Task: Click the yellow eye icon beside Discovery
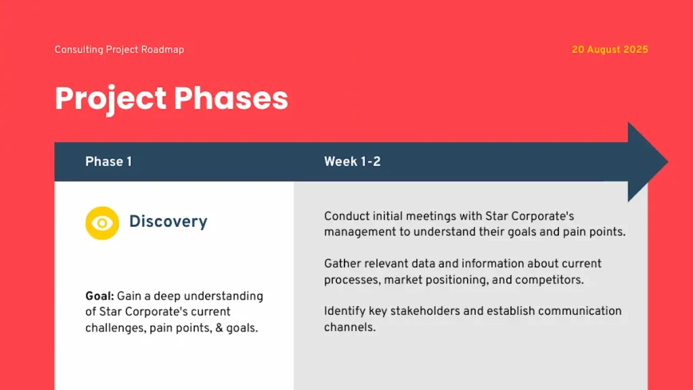(102, 223)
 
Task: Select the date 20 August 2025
(609, 49)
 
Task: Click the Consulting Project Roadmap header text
(119, 49)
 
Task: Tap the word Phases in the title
(231, 98)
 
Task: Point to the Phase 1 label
(108, 161)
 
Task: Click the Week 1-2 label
(352, 161)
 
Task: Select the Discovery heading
(168, 221)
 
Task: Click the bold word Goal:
(99, 296)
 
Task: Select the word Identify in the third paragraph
(344, 311)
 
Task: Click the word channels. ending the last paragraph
(349, 327)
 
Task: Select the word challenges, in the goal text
(114, 328)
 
